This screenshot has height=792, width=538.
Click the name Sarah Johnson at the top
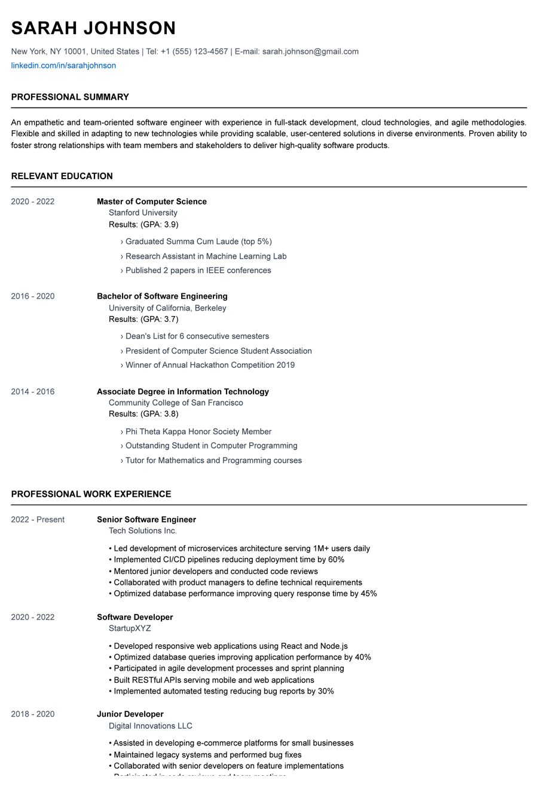[x=93, y=28]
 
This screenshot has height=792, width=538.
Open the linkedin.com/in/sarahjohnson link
[x=63, y=66]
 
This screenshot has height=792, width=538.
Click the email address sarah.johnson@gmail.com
[x=310, y=52]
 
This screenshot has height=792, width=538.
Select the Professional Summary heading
[x=70, y=97]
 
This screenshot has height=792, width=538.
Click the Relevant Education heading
[x=62, y=176]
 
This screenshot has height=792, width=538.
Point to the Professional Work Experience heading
[x=91, y=495]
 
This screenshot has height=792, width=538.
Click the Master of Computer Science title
[x=152, y=202]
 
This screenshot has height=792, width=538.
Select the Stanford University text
[x=143, y=213]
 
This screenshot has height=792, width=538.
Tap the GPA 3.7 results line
[x=143, y=320]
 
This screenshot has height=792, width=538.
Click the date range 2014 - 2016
[x=32, y=392]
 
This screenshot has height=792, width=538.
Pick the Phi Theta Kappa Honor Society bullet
[x=198, y=432]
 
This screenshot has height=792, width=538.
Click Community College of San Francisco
[x=176, y=403]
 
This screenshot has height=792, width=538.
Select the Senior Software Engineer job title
[x=146, y=520]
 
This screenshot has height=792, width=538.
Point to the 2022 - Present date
[x=38, y=520]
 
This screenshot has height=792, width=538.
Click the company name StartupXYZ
[x=130, y=628]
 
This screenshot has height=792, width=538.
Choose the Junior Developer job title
[x=130, y=714]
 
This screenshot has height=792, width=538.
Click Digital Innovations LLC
[x=151, y=726]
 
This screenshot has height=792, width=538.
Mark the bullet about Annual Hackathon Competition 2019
[x=210, y=366]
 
